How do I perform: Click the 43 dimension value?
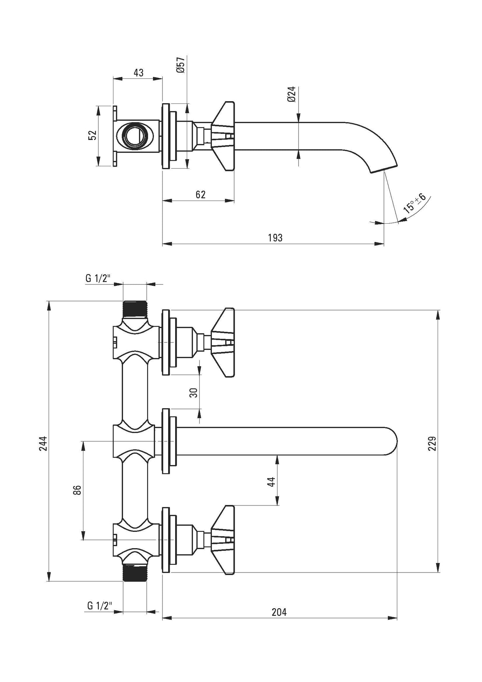coord(138,72)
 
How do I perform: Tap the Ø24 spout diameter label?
coord(292,94)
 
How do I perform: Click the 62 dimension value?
coord(200,195)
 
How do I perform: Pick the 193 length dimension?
coord(275,238)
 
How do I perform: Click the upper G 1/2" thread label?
coord(98,279)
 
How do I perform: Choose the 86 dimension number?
coord(77,490)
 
